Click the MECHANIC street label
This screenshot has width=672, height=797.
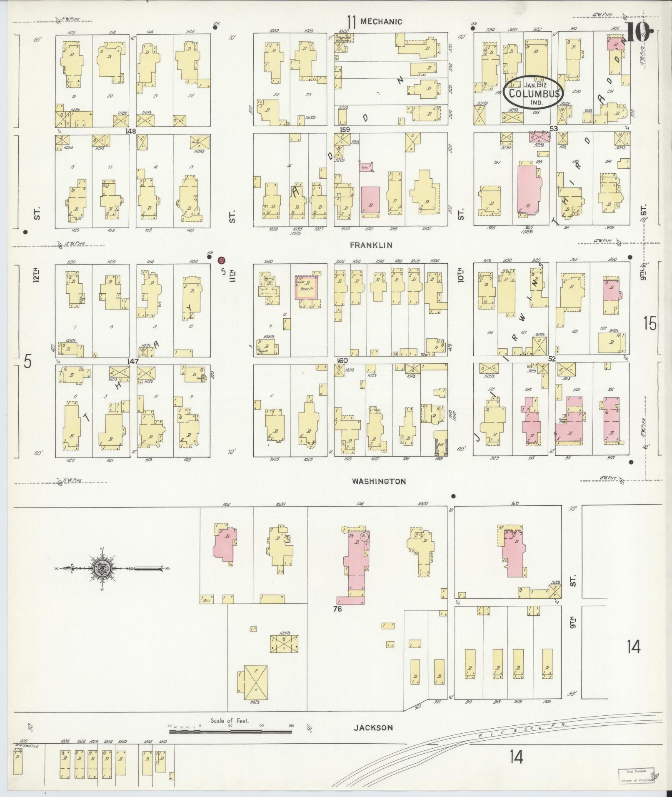381,22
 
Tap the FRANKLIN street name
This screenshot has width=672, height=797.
371,245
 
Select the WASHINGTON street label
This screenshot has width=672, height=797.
378,481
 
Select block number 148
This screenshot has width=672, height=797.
133,131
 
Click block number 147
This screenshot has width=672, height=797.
133,361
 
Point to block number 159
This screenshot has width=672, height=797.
345,130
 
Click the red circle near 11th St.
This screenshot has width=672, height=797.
222,260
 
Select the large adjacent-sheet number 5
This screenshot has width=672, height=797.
27,361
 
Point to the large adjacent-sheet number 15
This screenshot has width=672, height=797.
650,323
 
